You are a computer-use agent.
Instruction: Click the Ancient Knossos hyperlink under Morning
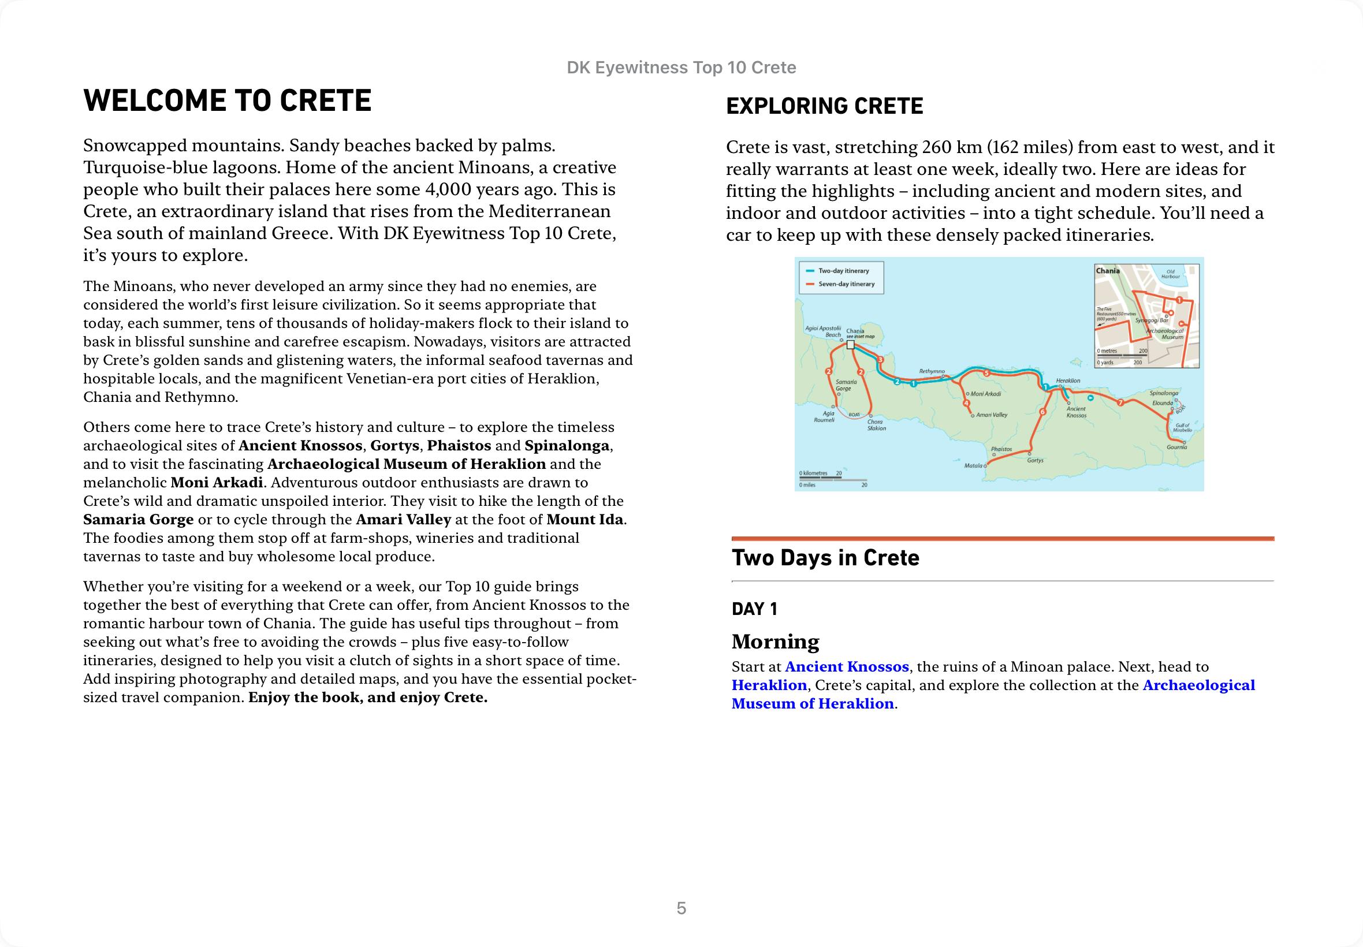point(846,666)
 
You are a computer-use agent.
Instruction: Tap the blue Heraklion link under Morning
point(769,685)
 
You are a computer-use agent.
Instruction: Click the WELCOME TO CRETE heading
point(228,100)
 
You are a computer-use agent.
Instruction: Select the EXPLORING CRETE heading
point(824,106)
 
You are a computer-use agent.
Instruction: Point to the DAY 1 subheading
point(754,609)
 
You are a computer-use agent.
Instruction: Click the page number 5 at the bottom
point(681,908)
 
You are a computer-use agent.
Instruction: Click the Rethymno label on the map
point(932,371)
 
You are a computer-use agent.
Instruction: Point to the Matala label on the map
point(973,466)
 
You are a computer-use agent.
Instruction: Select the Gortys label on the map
point(1035,460)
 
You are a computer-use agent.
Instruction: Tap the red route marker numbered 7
point(1120,403)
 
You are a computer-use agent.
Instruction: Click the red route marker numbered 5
point(986,373)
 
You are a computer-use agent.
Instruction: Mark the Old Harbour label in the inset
point(1170,274)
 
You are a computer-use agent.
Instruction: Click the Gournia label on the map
point(1176,448)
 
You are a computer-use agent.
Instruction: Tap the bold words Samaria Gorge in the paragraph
point(138,520)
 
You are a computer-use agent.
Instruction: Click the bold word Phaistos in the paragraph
point(459,446)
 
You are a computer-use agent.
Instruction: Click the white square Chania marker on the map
point(850,344)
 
